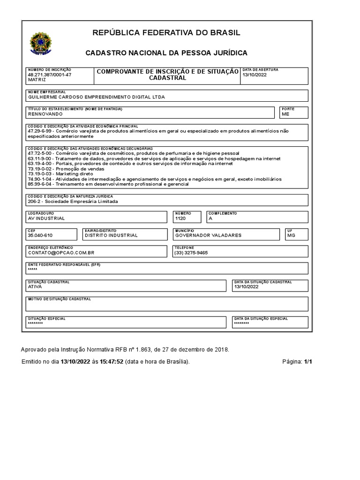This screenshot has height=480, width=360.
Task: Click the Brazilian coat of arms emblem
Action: [x=42, y=43]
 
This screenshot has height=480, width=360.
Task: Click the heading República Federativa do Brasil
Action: [x=166, y=32]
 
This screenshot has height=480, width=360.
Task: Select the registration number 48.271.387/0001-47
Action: [x=50, y=75]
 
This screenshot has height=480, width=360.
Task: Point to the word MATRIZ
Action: [x=37, y=80]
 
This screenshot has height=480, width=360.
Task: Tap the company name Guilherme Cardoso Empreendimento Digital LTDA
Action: [x=97, y=97]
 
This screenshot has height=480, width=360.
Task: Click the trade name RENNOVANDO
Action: [x=45, y=114]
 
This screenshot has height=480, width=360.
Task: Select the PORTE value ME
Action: [x=285, y=114]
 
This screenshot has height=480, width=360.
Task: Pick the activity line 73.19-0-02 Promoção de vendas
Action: [x=60, y=169]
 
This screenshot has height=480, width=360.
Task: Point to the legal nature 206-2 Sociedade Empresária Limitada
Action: [x=73, y=202]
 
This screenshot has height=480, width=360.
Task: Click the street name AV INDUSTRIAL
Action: [x=46, y=218]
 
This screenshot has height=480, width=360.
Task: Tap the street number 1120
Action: [x=180, y=218]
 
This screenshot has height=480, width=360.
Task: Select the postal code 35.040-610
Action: [x=40, y=235]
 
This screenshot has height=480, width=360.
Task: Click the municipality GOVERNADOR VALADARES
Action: [x=208, y=235]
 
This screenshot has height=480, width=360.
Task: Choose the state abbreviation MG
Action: [x=291, y=235]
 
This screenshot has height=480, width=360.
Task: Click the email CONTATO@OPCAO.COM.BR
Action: [x=61, y=252]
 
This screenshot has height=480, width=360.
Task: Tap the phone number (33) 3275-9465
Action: [x=191, y=252]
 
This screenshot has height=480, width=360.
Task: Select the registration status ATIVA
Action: [x=35, y=286]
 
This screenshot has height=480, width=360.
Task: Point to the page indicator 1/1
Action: [x=308, y=362]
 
